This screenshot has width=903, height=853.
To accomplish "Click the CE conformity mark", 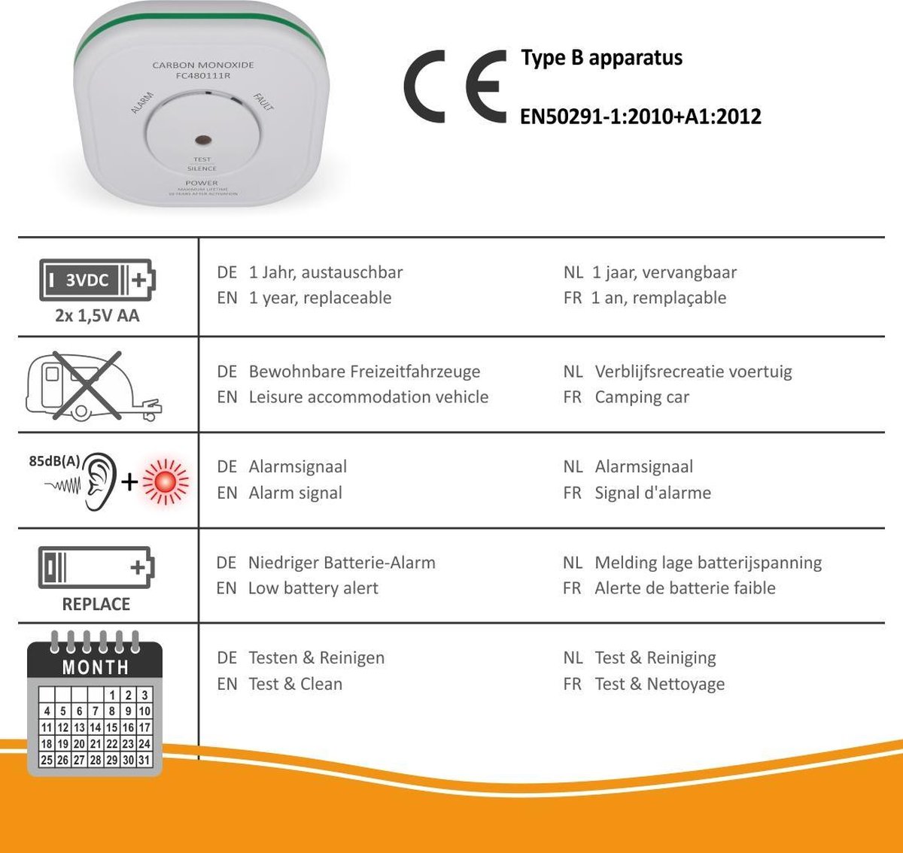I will pyautogui.click(x=455, y=86).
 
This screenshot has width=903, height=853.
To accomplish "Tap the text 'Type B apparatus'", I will pyautogui.click(x=601, y=58).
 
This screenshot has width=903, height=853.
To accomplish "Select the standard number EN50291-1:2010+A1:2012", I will pyautogui.click(x=640, y=117).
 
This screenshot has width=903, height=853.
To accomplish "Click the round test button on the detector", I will pyautogui.click(x=202, y=140).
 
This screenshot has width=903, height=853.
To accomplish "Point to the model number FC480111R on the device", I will pyautogui.click(x=203, y=76).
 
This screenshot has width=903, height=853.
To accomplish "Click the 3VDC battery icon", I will pyautogui.click(x=97, y=280).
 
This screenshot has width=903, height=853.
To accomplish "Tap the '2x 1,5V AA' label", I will pyautogui.click(x=97, y=316).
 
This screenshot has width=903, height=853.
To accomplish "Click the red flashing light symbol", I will pyautogui.click(x=166, y=481).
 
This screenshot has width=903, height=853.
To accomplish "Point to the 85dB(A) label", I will pyautogui.click(x=54, y=461).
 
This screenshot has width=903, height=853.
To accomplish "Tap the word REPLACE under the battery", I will pyautogui.click(x=96, y=604).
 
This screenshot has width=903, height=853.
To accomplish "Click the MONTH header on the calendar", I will pyautogui.click(x=96, y=667).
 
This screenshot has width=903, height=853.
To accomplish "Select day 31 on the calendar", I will pyautogui.click(x=144, y=760).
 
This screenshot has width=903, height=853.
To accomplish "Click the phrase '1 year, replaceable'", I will pyautogui.click(x=320, y=298).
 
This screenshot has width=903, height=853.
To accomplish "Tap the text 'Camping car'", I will pyautogui.click(x=642, y=397).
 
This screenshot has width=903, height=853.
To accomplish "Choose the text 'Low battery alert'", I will pyautogui.click(x=313, y=588).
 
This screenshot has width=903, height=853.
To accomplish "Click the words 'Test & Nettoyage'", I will pyautogui.click(x=660, y=685).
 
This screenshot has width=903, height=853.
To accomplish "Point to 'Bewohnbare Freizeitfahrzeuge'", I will pyautogui.click(x=364, y=372).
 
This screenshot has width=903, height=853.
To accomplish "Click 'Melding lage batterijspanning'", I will pyautogui.click(x=708, y=563).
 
